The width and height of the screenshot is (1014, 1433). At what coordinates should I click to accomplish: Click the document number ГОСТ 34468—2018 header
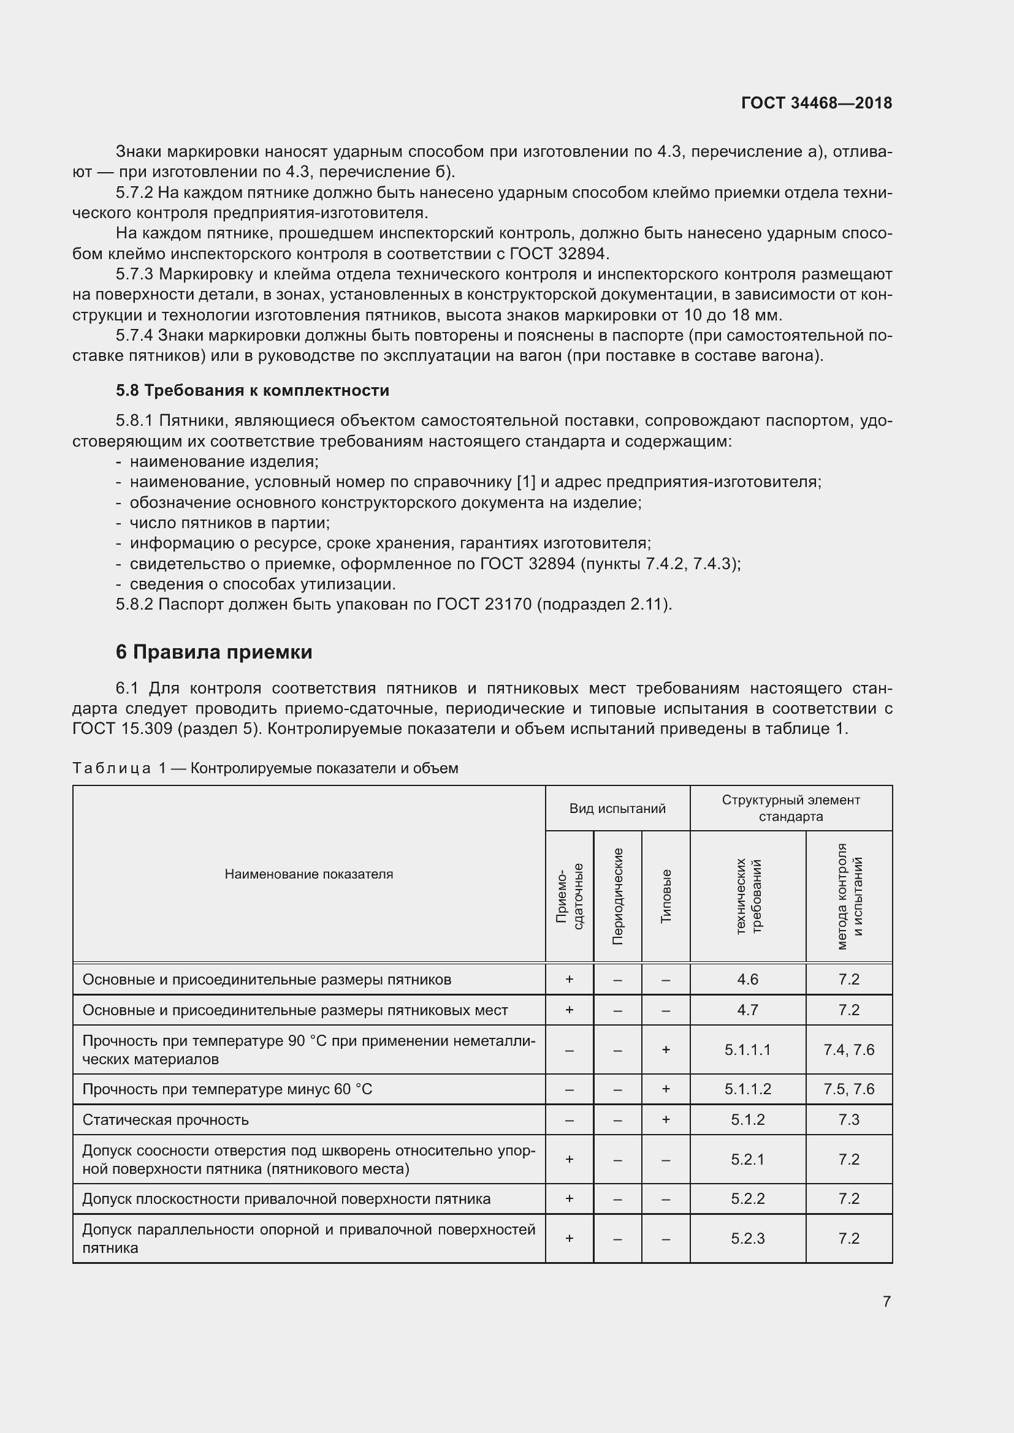[816, 103]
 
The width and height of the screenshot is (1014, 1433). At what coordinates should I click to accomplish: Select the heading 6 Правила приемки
[213, 652]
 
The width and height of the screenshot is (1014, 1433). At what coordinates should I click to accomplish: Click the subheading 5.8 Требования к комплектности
[252, 391]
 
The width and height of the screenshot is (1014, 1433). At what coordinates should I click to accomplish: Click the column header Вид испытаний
[617, 809]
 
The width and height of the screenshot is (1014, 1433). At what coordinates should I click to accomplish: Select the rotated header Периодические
[617, 896]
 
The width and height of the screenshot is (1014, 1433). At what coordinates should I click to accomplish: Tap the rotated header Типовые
[666, 896]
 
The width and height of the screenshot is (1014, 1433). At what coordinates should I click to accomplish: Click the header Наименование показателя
[308, 874]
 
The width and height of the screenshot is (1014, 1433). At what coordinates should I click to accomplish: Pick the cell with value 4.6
[747, 980]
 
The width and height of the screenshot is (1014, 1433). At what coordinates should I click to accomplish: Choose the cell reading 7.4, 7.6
[848, 1051]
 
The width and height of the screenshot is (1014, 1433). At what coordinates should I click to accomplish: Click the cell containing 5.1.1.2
[747, 1090]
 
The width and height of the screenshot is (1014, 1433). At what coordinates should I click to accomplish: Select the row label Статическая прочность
[166, 1121]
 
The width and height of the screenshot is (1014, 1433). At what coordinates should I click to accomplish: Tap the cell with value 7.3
[848, 1121]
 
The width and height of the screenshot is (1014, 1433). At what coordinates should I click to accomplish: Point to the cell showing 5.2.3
[747, 1239]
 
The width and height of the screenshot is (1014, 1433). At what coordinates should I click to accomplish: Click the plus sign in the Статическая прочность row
[666, 1121]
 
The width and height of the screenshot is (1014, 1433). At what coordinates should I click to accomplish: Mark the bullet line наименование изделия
[224, 462]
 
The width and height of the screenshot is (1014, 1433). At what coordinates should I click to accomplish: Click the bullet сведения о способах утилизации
[262, 585]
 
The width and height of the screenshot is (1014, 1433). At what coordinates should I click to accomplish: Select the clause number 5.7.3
[134, 274]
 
